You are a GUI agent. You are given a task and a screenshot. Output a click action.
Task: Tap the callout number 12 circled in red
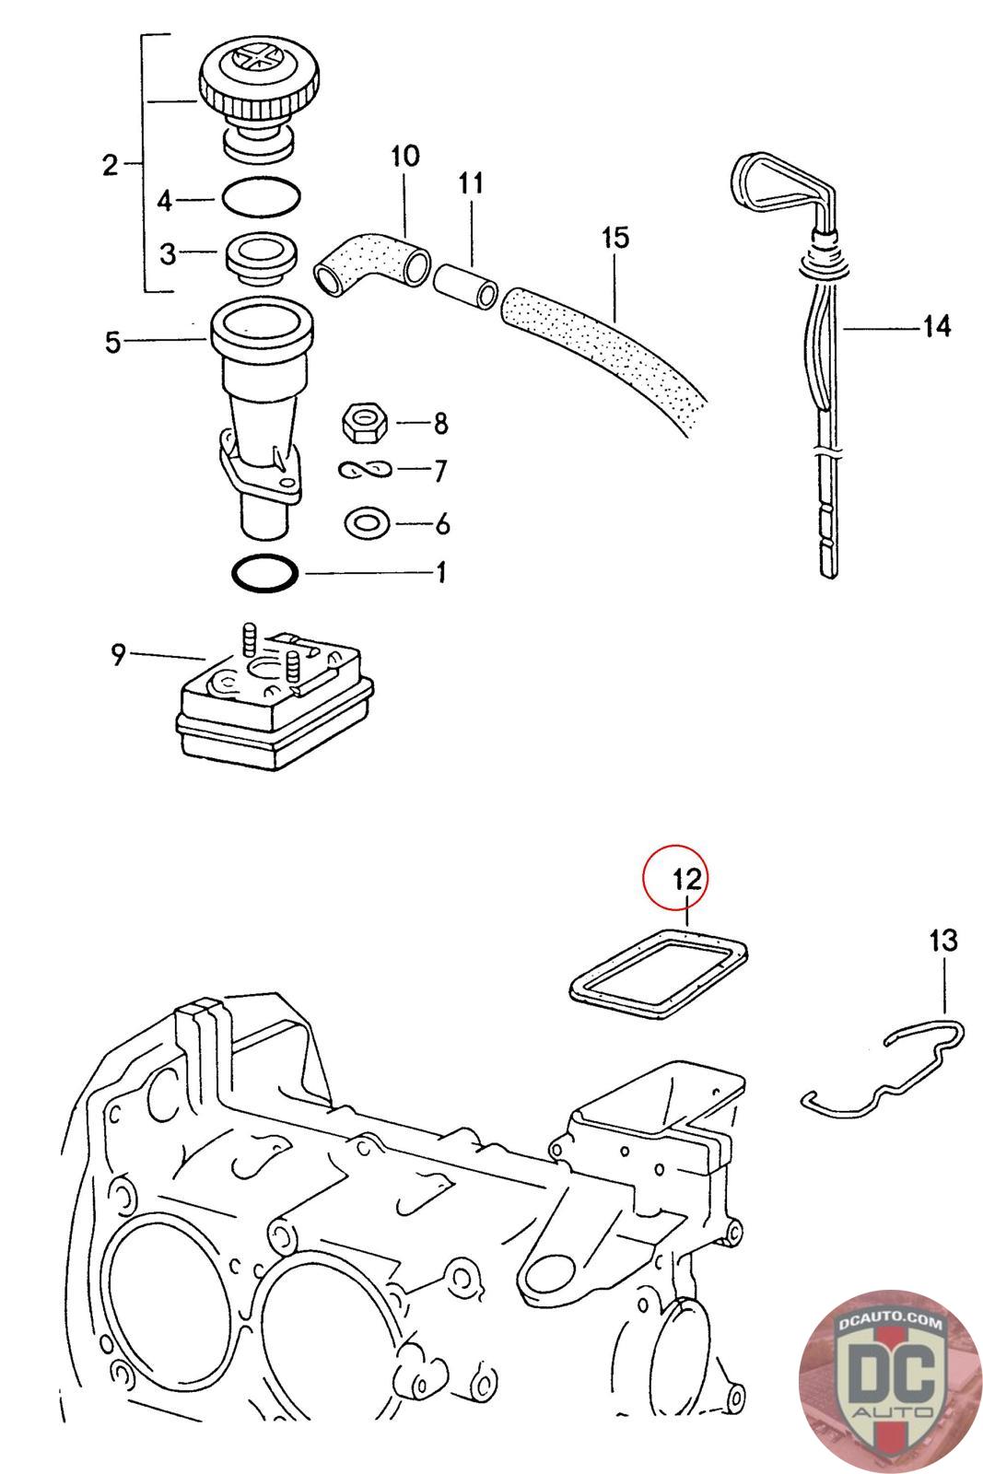click(x=687, y=878)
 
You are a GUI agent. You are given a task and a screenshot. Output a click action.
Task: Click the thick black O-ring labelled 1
click(x=264, y=573)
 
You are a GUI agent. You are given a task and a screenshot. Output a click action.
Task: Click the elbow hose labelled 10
click(x=370, y=259)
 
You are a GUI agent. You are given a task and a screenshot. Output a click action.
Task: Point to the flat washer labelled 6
click(x=366, y=524)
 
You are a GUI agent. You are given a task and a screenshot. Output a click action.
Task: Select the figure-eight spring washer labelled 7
click(x=365, y=471)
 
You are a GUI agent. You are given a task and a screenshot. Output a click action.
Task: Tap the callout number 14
click(x=936, y=326)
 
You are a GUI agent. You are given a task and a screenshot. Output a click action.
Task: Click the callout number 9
click(x=118, y=655)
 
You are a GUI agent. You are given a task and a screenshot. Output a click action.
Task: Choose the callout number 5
click(x=112, y=343)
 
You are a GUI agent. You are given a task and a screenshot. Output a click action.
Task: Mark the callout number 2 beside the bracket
click(x=111, y=166)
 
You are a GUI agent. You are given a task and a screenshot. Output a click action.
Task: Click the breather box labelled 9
click(x=275, y=705)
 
